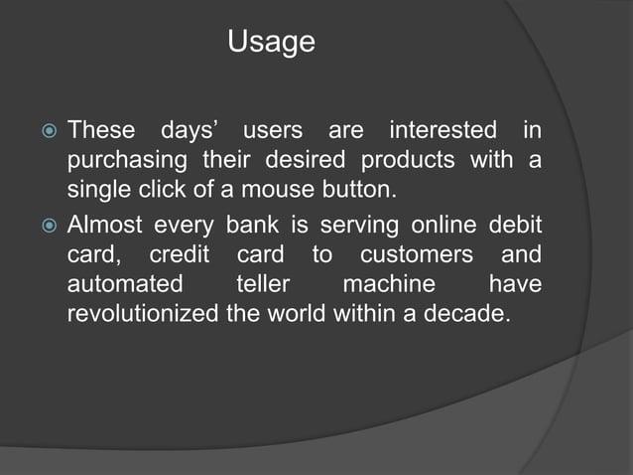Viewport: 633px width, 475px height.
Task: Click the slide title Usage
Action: pyautogui.click(x=271, y=43)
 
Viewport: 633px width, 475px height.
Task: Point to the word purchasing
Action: pyautogui.click(x=127, y=161)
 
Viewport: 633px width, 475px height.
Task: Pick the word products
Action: pyautogui.click(x=409, y=161)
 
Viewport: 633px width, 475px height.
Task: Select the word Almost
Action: pyautogui.click(x=104, y=224)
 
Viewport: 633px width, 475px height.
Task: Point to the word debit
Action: pyautogui.click(x=516, y=224)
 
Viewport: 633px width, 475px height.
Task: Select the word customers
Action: pyautogui.click(x=417, y=254)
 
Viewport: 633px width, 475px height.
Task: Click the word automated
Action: pyautogui.click(x=125, y=285)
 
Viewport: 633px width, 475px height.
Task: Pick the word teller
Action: pyautogui.click(x=263, y=285)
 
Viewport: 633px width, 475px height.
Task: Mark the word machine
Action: pyautogui.click(x=389, y=285)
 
